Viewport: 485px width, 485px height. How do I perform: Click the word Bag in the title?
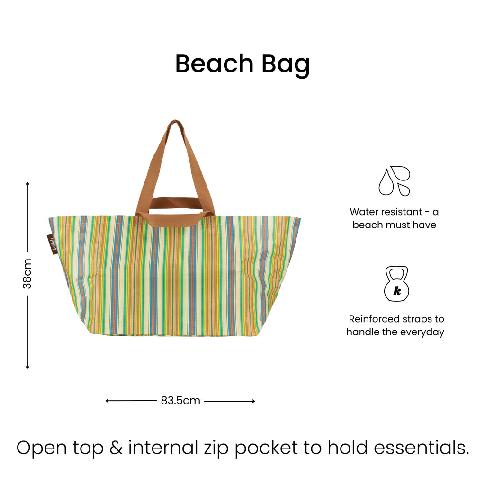pyautogui.click(x=286, y=64)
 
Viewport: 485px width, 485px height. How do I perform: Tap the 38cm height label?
pyautogui.click(x=27, y=273)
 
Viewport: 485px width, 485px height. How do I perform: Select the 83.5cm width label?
pyautogui.click(x=180, y=401)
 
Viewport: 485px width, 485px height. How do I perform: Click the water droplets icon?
pyautogui.click(x=394, y=180)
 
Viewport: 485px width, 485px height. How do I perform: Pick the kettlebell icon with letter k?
pyautogui.click(x=396, y=284)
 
